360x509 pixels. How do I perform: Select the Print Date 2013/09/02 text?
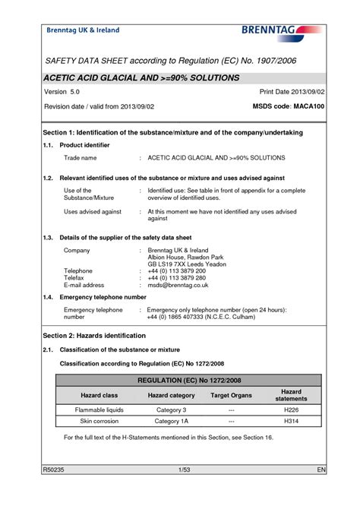coord(292,91)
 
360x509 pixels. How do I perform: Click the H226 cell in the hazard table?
coord(291,409)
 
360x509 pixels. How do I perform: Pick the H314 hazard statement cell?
coord(291,420)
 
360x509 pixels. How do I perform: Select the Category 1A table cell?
coord(171,420)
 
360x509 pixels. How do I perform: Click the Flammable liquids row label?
coord(99,409)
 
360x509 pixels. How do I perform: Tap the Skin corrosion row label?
coord(99,420)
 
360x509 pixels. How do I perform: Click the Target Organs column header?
coord(231,395)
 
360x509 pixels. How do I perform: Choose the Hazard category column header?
coord(171,395)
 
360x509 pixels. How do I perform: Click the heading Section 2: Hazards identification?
coord(94,335)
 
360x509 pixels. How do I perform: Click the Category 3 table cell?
coord(171,409)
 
